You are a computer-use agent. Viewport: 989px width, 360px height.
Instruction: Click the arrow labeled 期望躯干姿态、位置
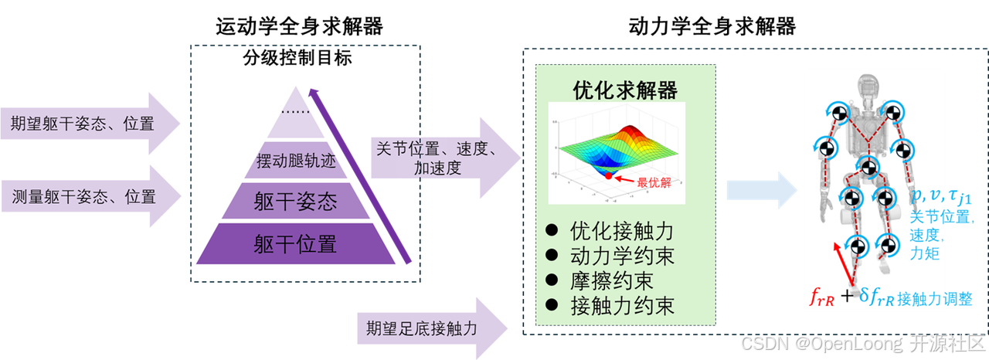coord(85,124)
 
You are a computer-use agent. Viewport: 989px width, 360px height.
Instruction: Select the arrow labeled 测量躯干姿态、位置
coord(85,196)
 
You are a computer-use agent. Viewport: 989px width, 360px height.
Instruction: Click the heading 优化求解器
coord(625,90)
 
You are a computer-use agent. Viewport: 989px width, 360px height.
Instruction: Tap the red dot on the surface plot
coord(608,176)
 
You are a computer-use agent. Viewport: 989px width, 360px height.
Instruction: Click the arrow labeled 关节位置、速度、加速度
coord(437,158)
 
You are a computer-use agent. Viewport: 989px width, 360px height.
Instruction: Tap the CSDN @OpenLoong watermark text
coord(862,343)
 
